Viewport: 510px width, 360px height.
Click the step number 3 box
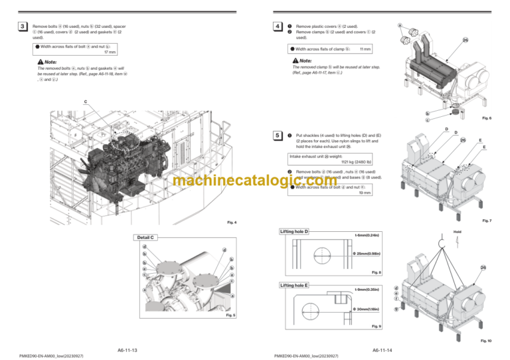click(23, 27)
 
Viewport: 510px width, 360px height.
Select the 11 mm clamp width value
click(365, 49)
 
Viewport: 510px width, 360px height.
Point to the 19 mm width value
click(365, 194)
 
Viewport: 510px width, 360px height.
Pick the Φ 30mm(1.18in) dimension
click(366, 309)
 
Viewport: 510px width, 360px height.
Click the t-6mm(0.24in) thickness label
click(367, 234)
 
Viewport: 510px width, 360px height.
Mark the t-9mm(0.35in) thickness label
click(367, 290)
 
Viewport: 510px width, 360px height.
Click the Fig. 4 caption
click(231, 222)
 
